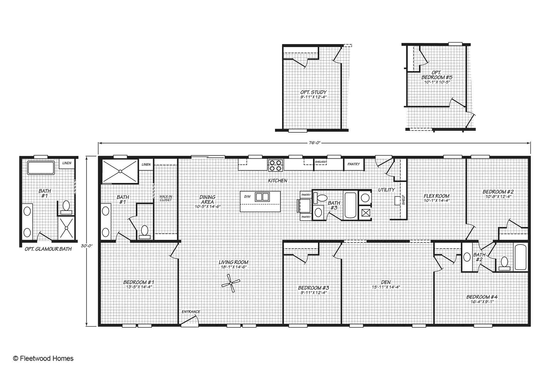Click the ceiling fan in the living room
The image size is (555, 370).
(x=231, y=283)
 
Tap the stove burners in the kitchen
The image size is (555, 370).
(x=275, y=165)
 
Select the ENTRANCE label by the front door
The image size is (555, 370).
(x=191, y=312)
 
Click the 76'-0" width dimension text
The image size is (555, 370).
(x=314, y=143)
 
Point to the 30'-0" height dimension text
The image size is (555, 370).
(x=87, y=246)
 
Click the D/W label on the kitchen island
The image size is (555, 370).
(x=247, y=197)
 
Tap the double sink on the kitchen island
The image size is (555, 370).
(x=262, y=197)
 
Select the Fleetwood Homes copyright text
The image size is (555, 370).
(x=43, y=358)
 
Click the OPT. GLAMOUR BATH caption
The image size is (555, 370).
(x=48, y=249)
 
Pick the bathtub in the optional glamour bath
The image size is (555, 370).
(x=41, y=168)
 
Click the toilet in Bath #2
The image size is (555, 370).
(x=504, y=263)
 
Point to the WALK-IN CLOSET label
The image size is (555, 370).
(x=166, y=198)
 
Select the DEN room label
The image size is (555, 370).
(x=386, y=282)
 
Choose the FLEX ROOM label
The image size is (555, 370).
(x=437, y=196)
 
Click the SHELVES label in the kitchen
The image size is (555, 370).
(x=320, y=162)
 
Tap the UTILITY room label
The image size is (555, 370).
(x=387, y=190)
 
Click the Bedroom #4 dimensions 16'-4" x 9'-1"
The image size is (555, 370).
(x=482, y=302)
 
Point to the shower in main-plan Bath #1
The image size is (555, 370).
(x=120, y=171)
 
